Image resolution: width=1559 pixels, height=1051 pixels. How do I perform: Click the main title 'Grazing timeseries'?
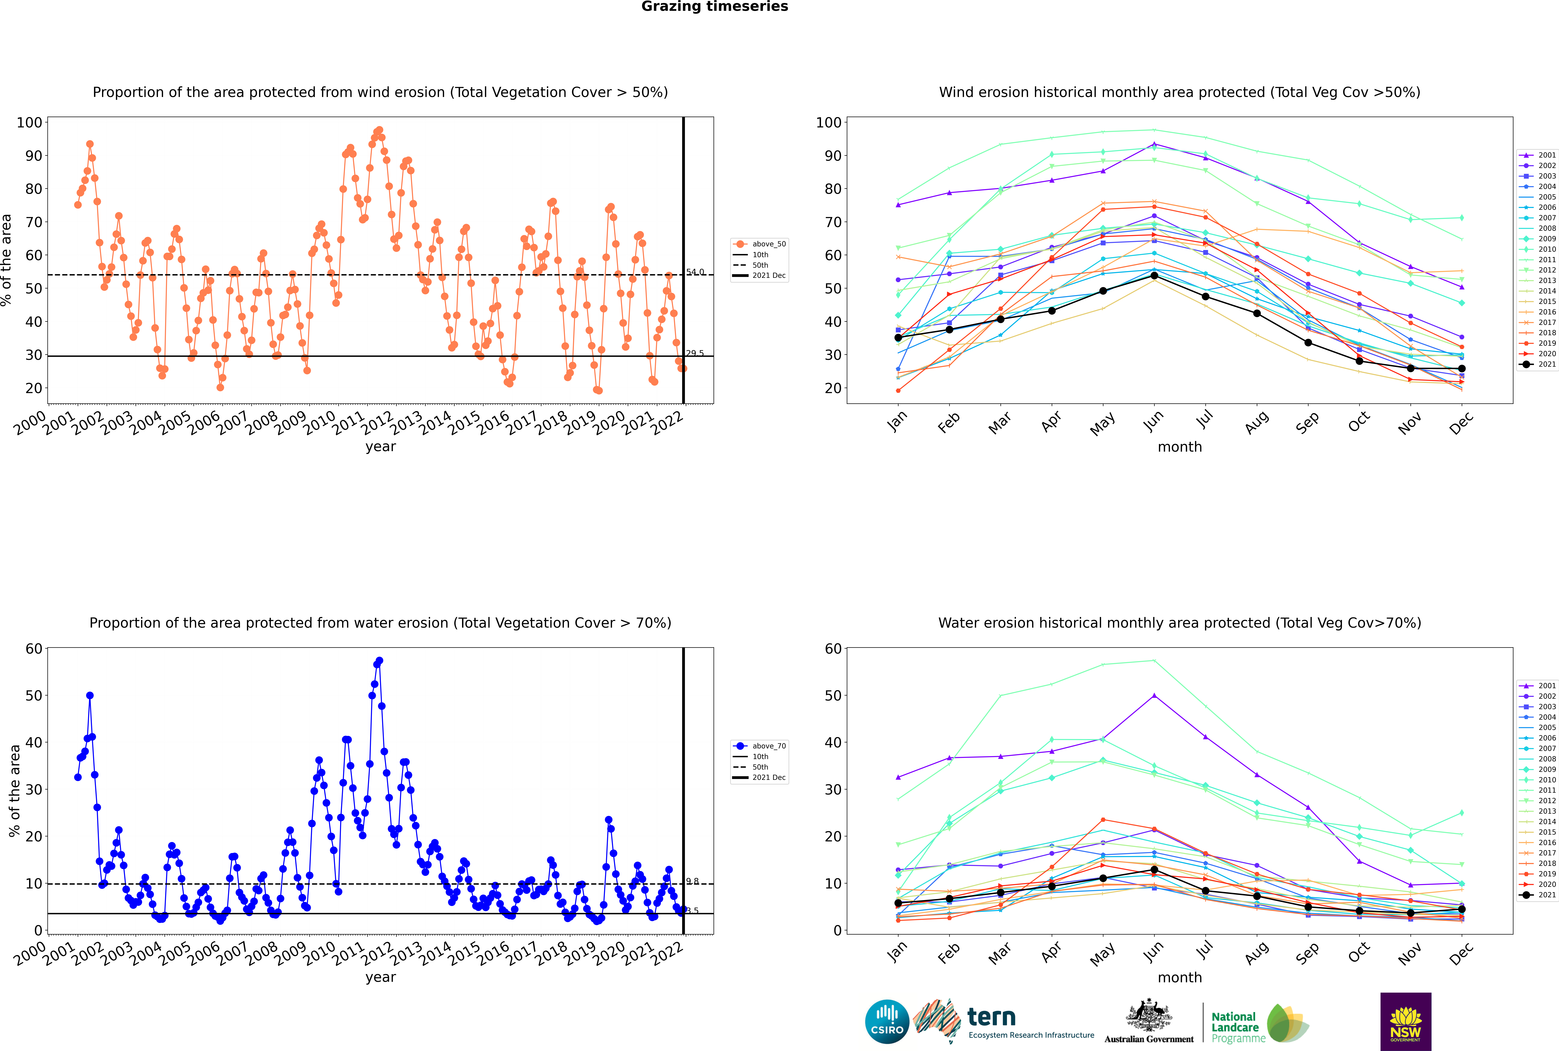715,7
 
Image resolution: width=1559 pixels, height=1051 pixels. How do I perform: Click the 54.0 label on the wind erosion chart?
695,272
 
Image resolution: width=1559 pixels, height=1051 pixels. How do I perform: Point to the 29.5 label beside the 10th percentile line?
695,353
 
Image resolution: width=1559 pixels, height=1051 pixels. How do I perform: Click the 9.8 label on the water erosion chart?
692,881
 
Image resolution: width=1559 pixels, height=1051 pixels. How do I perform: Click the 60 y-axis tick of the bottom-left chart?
33,649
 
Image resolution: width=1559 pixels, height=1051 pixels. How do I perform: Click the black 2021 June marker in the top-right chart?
1154,275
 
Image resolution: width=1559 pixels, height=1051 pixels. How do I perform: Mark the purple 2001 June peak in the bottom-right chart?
1154,696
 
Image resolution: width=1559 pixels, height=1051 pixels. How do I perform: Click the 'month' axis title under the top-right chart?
1180,447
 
